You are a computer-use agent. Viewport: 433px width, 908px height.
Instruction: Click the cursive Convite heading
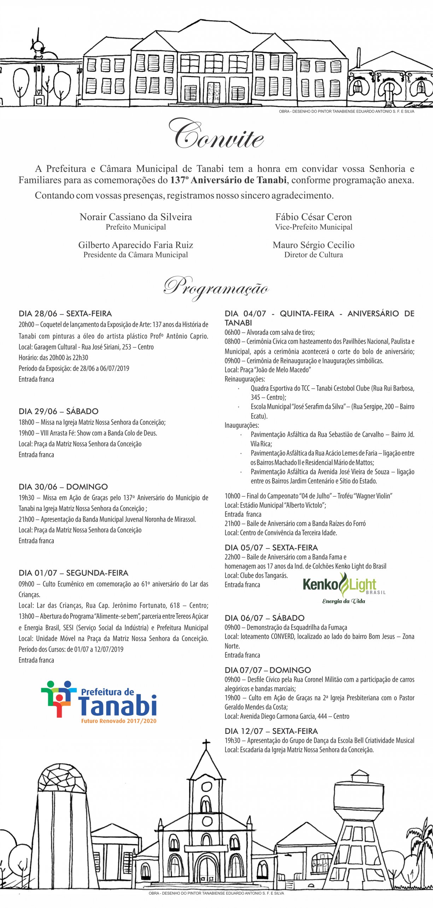pos(216,136)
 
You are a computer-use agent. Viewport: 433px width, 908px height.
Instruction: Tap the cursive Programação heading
pos(216,288)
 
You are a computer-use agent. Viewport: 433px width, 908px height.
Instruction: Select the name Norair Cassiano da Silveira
pos(136,217)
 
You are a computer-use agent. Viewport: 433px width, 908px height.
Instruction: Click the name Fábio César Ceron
pos(314,217)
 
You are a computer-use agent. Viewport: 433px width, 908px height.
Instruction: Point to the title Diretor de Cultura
pos(314,255)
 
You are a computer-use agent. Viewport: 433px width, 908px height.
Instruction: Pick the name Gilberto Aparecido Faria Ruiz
pos(136,245)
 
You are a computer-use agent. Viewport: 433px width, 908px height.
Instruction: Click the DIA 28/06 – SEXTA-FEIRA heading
pos(65,314)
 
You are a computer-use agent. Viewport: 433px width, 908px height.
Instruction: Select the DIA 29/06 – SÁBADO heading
pos(58,411)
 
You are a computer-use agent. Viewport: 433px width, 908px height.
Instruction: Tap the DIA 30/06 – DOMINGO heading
pos(63,487)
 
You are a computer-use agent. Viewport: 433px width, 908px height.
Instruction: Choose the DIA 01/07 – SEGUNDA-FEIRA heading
pos(74,573)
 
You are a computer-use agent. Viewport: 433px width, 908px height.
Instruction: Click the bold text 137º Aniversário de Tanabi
pos(228,180)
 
